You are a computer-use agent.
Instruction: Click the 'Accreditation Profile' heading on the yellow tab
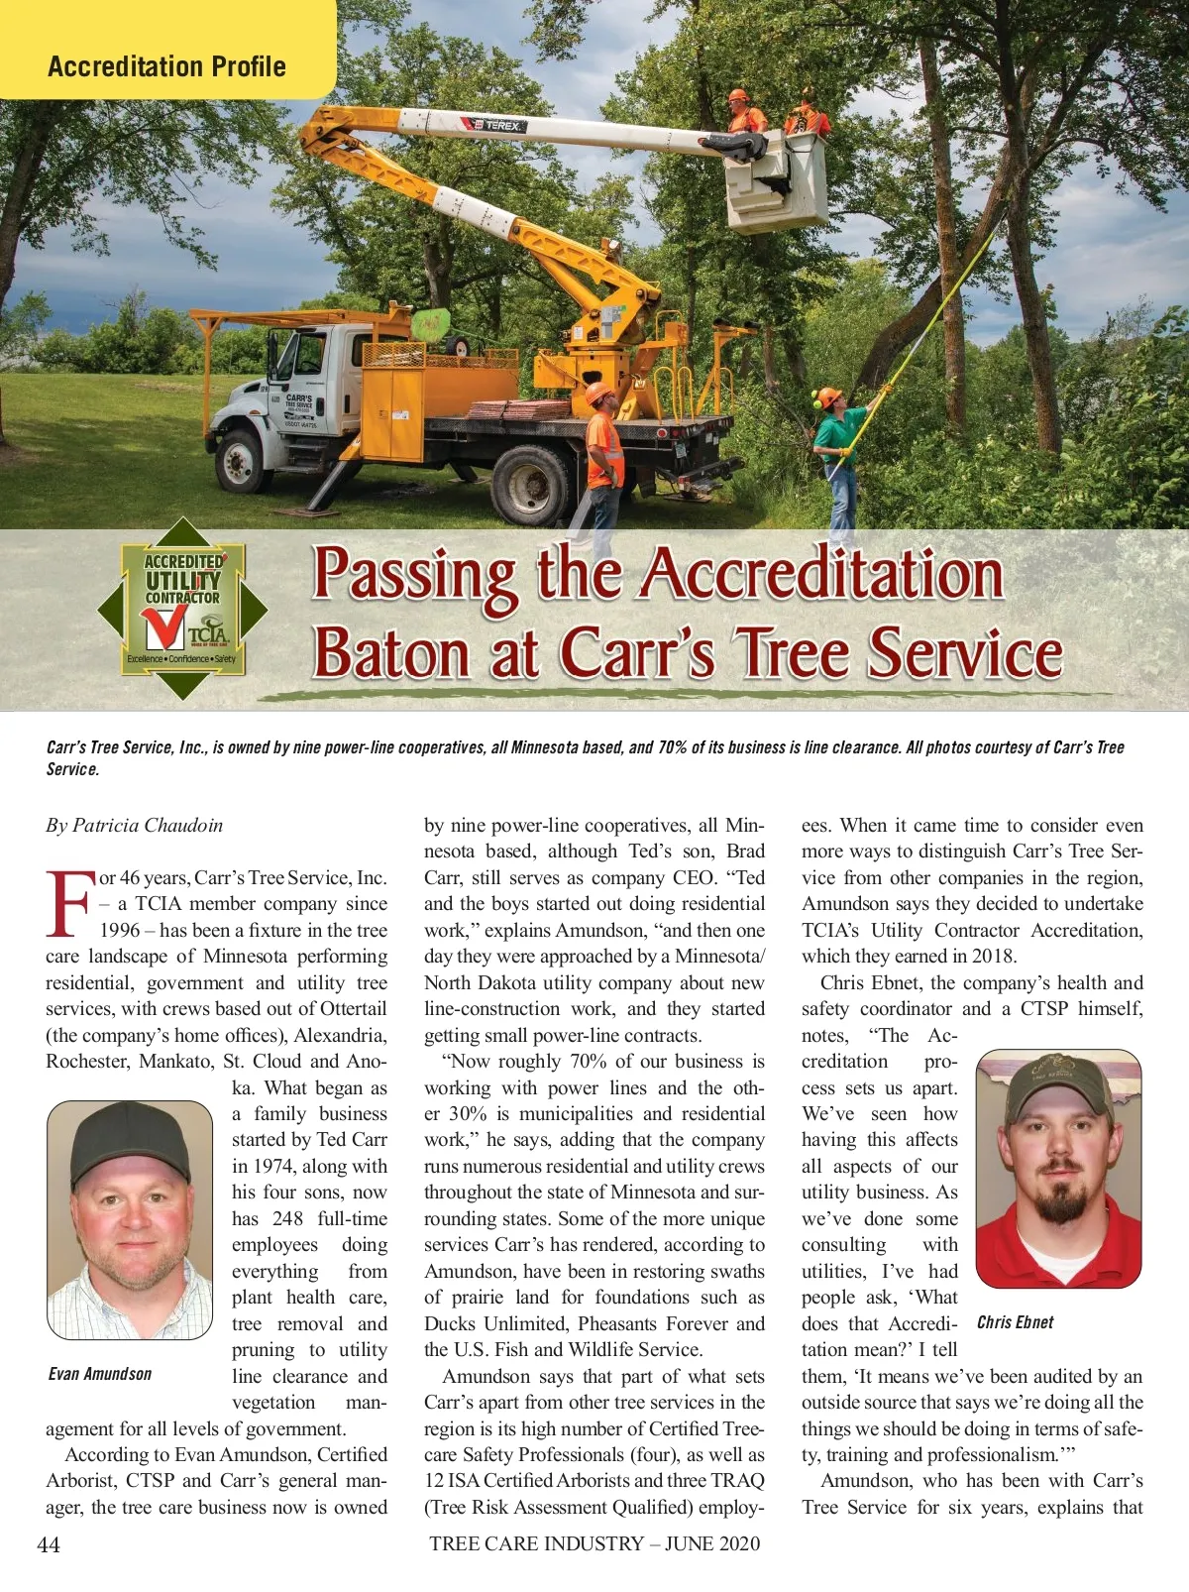166,66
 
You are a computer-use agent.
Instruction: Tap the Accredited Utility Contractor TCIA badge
183,608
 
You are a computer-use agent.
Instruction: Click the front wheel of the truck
241,461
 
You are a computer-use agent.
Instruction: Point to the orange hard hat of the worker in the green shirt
827,398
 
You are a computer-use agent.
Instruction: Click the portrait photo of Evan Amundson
130,1219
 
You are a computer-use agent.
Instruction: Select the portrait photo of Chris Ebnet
1058,1169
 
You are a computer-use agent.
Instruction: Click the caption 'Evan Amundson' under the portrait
100,1374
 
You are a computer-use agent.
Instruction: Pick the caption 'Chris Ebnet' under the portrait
1015,1322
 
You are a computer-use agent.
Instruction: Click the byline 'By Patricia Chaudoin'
135,826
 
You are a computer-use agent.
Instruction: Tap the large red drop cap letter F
70,903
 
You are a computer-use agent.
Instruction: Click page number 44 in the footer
49,1544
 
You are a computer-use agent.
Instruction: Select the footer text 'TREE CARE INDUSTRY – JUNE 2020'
594,1543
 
